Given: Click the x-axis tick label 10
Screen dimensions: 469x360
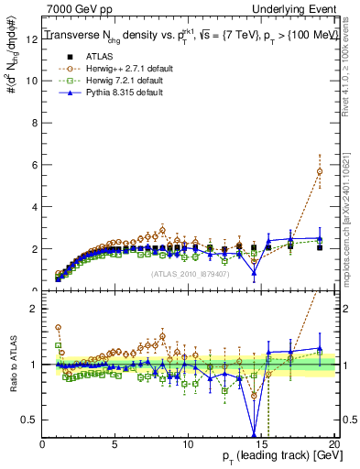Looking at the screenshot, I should [x=188, y=445].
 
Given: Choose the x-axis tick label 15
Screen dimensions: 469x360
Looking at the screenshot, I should [x=260, y=445].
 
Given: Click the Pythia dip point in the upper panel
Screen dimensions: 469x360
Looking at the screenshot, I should [x=254, y=272].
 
